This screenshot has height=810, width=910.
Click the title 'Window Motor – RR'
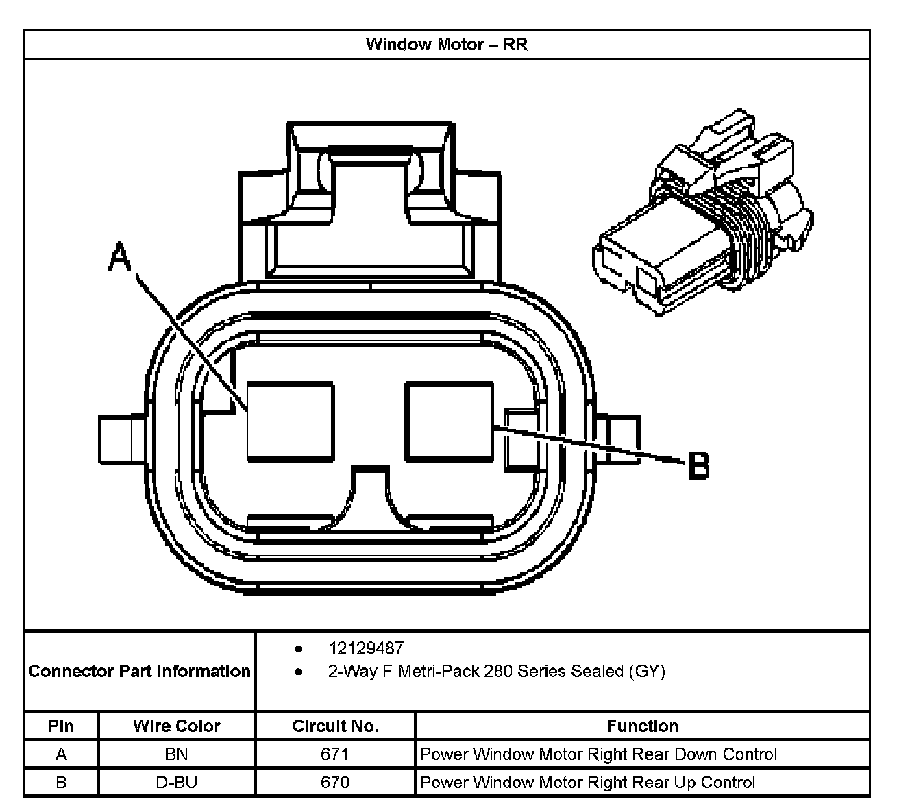(446, 45)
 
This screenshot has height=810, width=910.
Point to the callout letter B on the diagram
(698, 465)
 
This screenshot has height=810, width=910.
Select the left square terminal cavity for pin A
(291, 420)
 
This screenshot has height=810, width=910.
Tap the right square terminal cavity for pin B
(449, 420)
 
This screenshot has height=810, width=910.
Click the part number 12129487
(366, 648)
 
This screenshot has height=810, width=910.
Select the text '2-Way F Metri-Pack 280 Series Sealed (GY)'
(496, 671)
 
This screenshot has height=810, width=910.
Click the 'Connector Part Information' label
(139, 671)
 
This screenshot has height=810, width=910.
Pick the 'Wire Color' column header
(177, 726)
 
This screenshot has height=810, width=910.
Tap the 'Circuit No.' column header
(335, 726)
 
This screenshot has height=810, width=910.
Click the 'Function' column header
(642, 726)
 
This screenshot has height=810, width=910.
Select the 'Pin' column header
(61, 726)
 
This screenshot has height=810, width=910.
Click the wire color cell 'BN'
(177, 754)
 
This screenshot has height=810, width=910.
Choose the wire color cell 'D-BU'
(177, 782)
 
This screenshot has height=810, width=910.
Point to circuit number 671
(335, 754)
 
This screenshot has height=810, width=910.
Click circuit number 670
(335, 782)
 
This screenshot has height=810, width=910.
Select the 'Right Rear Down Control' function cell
(598, 754)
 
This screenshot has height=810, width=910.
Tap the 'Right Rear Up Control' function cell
(587, 782)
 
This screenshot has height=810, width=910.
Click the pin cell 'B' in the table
(61, 782)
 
